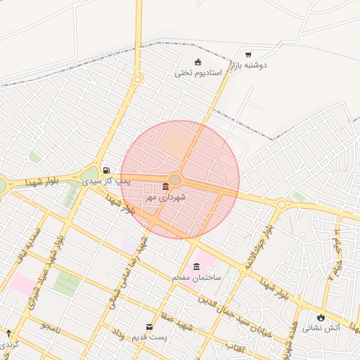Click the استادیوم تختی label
point(198,72)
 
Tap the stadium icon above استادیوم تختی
point(198,61)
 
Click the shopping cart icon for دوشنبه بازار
point(248,54)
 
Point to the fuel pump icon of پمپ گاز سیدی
point(106,169)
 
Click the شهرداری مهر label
point(165,198)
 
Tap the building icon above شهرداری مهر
point(165,186)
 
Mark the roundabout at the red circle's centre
point(176,180)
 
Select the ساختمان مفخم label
point(196,278)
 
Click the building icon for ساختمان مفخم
point(196,266)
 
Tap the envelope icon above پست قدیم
point(149,327)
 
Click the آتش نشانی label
point(321,328)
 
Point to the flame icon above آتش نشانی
point(321,317)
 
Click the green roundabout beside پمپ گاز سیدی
point(89,174)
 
